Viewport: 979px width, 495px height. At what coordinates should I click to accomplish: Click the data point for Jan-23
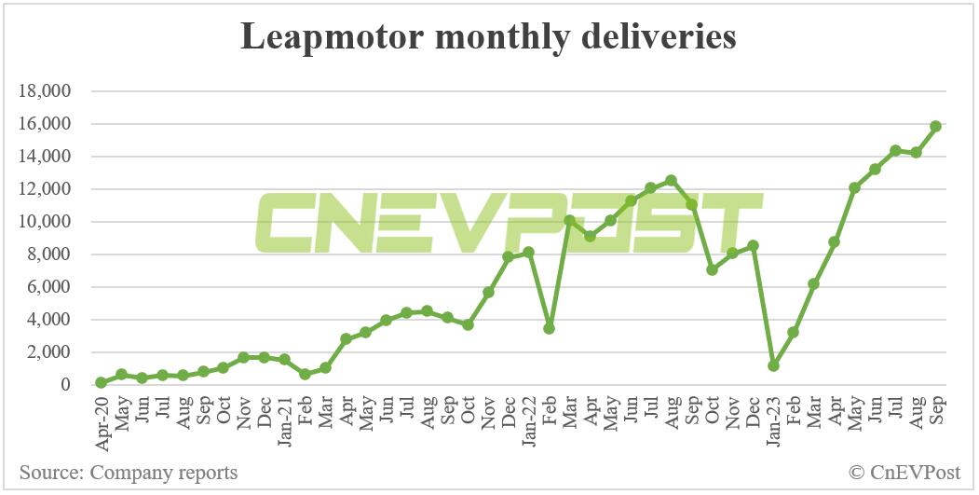(773, 365)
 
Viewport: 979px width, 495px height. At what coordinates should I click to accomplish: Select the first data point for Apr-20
(101, 382)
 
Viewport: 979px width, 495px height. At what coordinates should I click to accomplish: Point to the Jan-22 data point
(528, 253)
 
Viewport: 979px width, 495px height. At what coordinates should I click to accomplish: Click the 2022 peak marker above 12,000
(671, 180)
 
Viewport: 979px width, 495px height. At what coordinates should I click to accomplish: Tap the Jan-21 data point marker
(284, 359)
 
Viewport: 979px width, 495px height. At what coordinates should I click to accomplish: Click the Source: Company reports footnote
(128, 473)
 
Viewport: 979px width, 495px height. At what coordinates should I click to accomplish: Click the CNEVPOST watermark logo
(508, 224)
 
